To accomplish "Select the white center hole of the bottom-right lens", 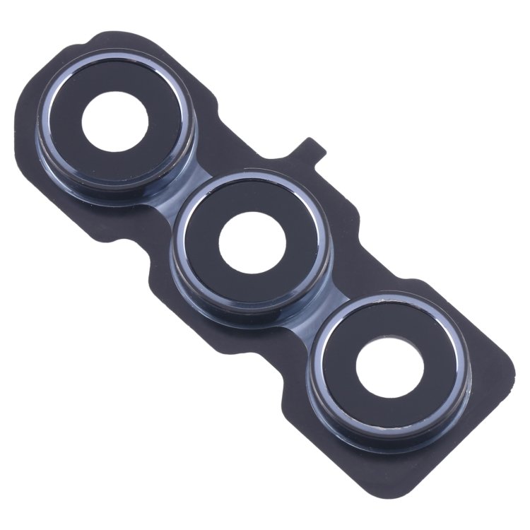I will (389, 367).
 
